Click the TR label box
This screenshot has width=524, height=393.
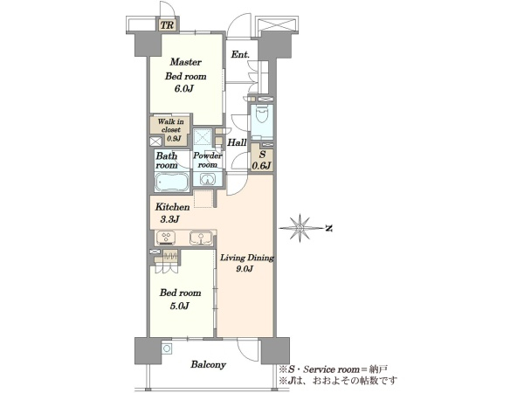coord(167,25)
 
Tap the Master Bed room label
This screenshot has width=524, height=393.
coord(185,69)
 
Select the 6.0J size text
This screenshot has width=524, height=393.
coord(184,89)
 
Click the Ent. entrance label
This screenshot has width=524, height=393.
coord(240,54)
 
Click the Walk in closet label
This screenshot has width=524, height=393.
coord(171,129)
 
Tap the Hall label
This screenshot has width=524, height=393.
coord(237,142)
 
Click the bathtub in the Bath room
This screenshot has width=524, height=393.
coord(171,182)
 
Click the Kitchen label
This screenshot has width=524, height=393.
coord(172,207)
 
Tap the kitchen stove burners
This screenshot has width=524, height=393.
coord(166,238)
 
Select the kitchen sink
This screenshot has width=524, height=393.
coord(201,238)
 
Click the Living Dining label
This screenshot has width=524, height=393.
coord(247,258)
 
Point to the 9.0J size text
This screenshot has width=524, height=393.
coord(245,269)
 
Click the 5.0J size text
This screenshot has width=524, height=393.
coord(180,306)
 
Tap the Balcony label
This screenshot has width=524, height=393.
coord(208,364)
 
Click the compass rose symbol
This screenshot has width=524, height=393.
coord(300,228)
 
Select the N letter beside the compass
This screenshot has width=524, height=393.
coord(329,229)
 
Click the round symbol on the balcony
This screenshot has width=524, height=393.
coord(167,348)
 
